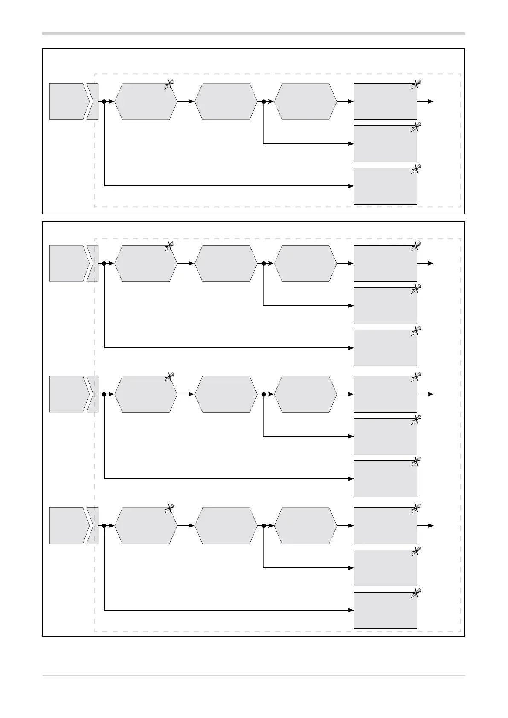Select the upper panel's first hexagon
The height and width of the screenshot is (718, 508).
146,101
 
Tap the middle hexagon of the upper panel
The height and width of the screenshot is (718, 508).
226,101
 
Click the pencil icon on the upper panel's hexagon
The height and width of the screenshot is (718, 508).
169,84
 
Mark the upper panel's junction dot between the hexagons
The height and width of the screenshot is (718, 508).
264,101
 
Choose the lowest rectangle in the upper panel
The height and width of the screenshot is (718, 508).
385,186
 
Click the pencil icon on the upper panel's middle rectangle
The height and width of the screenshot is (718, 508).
416,127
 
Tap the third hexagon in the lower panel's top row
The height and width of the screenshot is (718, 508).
305,263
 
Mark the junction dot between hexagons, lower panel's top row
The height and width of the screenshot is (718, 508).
264,263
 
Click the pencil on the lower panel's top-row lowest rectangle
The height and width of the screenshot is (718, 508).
416,331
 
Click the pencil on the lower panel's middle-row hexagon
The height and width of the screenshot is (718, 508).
169,377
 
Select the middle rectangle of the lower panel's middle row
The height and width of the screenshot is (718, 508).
385,437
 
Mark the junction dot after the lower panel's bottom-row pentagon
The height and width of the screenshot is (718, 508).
104,526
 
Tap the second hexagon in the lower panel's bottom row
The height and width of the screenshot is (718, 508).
226,526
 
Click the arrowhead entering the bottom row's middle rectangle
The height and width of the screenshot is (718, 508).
351,568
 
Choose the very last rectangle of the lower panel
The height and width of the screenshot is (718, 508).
385,610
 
